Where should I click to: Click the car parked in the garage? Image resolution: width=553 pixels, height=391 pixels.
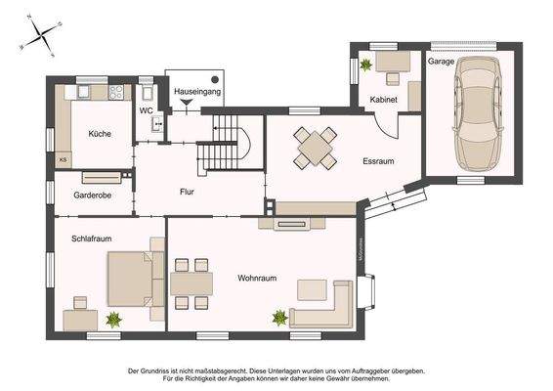point(474,115)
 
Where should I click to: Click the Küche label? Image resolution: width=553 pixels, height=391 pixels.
point(100,134)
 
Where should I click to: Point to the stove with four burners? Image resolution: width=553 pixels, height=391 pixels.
point(117,93)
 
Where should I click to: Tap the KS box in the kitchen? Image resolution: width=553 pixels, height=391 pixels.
point(64,158)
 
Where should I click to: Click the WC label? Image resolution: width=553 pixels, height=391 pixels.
point(146,110)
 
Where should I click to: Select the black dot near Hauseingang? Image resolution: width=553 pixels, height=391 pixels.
point(214,79)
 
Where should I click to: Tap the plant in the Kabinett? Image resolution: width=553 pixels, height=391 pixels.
point(366,65)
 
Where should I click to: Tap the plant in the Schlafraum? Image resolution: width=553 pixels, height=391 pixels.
point(113,318)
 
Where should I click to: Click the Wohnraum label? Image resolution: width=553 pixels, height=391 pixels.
point(257,279)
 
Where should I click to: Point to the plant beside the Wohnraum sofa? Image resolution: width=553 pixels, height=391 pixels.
point(280,318)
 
